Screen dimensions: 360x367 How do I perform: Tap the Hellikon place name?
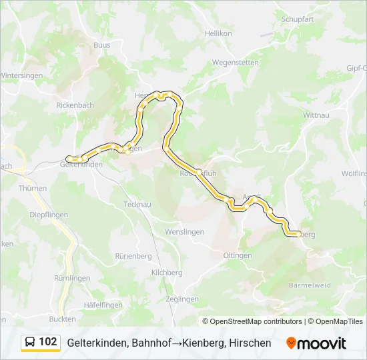click(x=218, y=33)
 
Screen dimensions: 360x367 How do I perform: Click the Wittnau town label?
click(x=316, y=115)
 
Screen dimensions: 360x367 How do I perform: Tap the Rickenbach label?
click(x=75, y=105)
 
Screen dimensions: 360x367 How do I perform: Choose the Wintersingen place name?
click(x=21, y=75)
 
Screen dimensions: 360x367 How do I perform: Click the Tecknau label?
click(x=139, y=204)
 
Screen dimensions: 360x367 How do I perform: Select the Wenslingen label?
click(x=185, y=231)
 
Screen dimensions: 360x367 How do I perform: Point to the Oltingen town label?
click(x=238, y=255)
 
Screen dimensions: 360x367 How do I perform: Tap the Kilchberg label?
click(x=167, y=273)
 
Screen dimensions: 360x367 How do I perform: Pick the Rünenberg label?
click(x=133, y=255)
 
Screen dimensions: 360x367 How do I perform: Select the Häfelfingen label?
click(x=103, y=305)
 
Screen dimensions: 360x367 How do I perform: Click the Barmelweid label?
click(x=310, y=285)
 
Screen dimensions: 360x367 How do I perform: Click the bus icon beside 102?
click(x=30, y=342)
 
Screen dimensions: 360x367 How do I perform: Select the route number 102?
click(x=48, y=342)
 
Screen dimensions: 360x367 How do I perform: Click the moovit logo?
click(x=316, y=343)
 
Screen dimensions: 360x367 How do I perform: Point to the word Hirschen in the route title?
click(x=250, y=343)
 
